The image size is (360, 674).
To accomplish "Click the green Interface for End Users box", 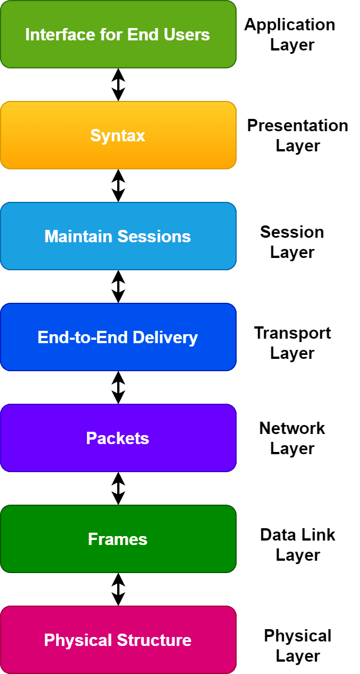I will [x=118, y=34].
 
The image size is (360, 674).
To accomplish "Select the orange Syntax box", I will [x=118, y=135].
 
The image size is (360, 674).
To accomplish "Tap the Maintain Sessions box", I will [x=118, y=236].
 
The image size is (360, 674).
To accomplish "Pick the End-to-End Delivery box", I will [x=118, y=337].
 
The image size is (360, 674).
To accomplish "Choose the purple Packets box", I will [x=118, y=438].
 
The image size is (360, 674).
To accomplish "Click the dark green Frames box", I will [x=118, y=539].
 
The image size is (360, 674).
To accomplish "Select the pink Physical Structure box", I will [x=118, y=640].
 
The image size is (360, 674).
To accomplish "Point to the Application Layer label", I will [x=290, y=34].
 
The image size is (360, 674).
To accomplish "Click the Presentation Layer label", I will [x=297, y=135].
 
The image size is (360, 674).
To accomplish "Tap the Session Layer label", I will [x=292, y=242].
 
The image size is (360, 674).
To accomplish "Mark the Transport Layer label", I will [x=292, y=343].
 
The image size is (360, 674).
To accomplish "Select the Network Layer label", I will [x=292, y=438].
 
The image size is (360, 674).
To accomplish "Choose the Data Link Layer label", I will [x=297, y=544].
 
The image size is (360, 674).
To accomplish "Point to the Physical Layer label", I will [x=297, y=645].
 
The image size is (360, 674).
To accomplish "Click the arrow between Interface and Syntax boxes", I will [x=118, y=85].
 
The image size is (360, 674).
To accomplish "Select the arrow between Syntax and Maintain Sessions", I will [x=118, y=186].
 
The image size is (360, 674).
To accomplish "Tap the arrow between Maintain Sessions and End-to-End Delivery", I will [x=118, y=287].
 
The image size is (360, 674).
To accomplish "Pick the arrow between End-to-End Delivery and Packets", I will [x=118, y=387].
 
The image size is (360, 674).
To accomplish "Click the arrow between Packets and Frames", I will [x=118, y=488].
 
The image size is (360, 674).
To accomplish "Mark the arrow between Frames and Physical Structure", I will [x=118, y=589].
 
